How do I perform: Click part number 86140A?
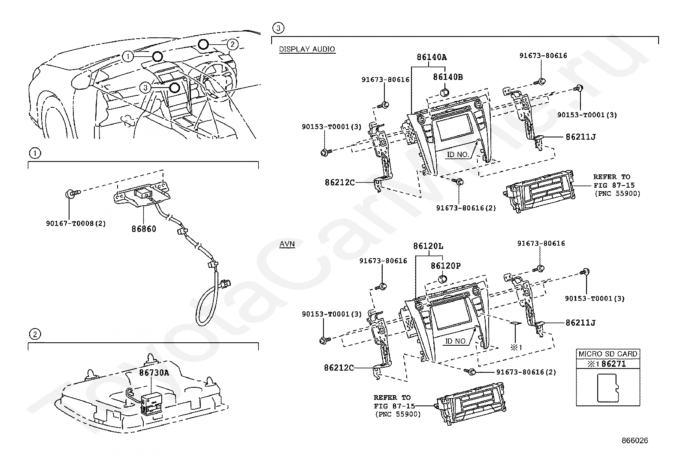point(432,57)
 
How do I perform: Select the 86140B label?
point(448,77)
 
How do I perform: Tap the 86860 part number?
point(144,229)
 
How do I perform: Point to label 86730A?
point(154,372)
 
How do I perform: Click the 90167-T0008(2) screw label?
point(76,223)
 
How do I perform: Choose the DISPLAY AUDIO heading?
point(307,49)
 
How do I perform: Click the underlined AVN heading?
point(287,244)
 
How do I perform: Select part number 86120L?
point(428,246)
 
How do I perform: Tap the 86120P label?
point(445,266)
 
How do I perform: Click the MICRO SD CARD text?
point(608,354)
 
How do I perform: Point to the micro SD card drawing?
point(608,388)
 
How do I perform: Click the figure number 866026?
point(635,441)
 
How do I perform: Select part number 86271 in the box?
point(613,364)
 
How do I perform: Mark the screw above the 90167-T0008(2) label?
point(73,193)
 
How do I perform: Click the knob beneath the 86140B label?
point(445,92)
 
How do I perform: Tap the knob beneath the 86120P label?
point(442,279)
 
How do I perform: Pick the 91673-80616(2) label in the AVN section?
point(526,372)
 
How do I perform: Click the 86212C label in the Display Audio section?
point(340,183)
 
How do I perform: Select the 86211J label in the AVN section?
point(580,323)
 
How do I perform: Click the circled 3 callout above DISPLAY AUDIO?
point(278,28)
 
